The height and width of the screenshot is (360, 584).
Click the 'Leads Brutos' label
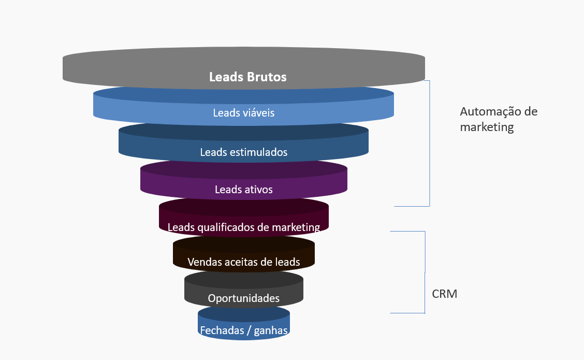point(247,77)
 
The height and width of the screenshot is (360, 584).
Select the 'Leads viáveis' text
point(243,112)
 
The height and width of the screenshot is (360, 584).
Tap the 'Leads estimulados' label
point(243,152)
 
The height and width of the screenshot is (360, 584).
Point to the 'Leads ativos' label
point(243,190)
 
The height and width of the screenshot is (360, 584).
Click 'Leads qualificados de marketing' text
point(243,227)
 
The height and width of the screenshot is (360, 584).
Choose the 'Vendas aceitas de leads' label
point(243,262)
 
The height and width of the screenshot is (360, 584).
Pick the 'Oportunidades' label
point(243,298)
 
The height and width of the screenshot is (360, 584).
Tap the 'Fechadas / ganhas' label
point(243,330)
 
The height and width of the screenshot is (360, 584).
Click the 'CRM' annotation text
point(445,294)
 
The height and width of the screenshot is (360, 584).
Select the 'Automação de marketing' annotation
point(499,119)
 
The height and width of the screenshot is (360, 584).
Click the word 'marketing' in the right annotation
point(487,127)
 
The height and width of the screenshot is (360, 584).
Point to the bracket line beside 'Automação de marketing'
point(430,143)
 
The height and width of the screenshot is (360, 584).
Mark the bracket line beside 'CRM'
point(425,272)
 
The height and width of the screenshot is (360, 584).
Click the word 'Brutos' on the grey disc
point(266,77)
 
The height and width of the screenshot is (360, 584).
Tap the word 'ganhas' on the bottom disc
point(271,330)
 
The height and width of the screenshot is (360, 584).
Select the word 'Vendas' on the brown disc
point(205,262)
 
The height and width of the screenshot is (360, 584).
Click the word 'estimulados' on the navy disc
point(257,152)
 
